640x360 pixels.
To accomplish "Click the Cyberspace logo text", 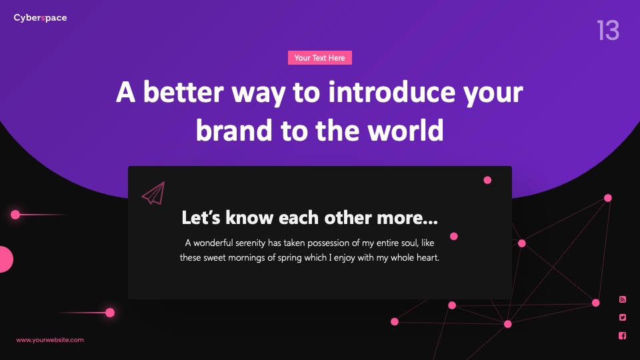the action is tap(40, 18).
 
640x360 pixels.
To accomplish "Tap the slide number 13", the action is tap(608, 30).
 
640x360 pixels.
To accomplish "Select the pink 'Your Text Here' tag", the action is tap(319, 58).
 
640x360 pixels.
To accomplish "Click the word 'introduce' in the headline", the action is tap(391, 92).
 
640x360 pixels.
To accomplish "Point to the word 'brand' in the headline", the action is tap(234, 130).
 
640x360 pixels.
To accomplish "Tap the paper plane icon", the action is tap(153, 193).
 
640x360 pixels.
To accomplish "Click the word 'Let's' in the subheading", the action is tap(201, 217).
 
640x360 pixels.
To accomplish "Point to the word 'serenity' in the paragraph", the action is tap(250, 243).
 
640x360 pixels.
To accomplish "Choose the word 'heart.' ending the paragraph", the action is tap(427, 257).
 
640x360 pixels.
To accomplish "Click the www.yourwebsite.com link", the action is tap(50, 340).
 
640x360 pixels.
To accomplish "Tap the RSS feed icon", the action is tap(623, 299).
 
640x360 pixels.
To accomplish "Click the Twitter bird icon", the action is tap(623, 317).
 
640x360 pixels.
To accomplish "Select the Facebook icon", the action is tap(623, 335).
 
